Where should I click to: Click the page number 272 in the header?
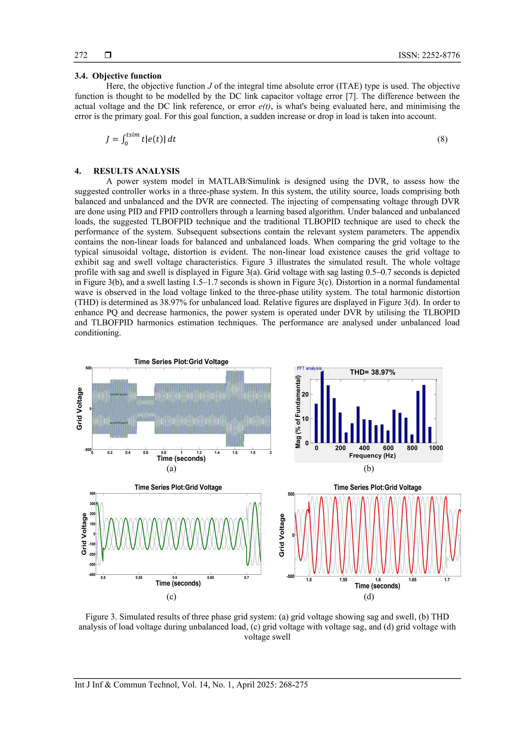pos(81,55)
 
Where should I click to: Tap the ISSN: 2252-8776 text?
pos(429,55)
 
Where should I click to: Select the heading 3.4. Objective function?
pos(118,76)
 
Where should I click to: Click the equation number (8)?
pos(442,139)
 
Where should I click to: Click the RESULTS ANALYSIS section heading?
pos(136,171)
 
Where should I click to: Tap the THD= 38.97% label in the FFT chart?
pos(372,372)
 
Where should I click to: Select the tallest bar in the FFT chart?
pos(322,407)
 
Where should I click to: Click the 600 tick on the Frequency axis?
pos(388,448)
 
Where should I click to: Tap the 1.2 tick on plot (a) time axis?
pos(199,453)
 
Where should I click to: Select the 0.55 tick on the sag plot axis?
pos(139,578)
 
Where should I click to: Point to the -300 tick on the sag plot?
pos(92,565)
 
